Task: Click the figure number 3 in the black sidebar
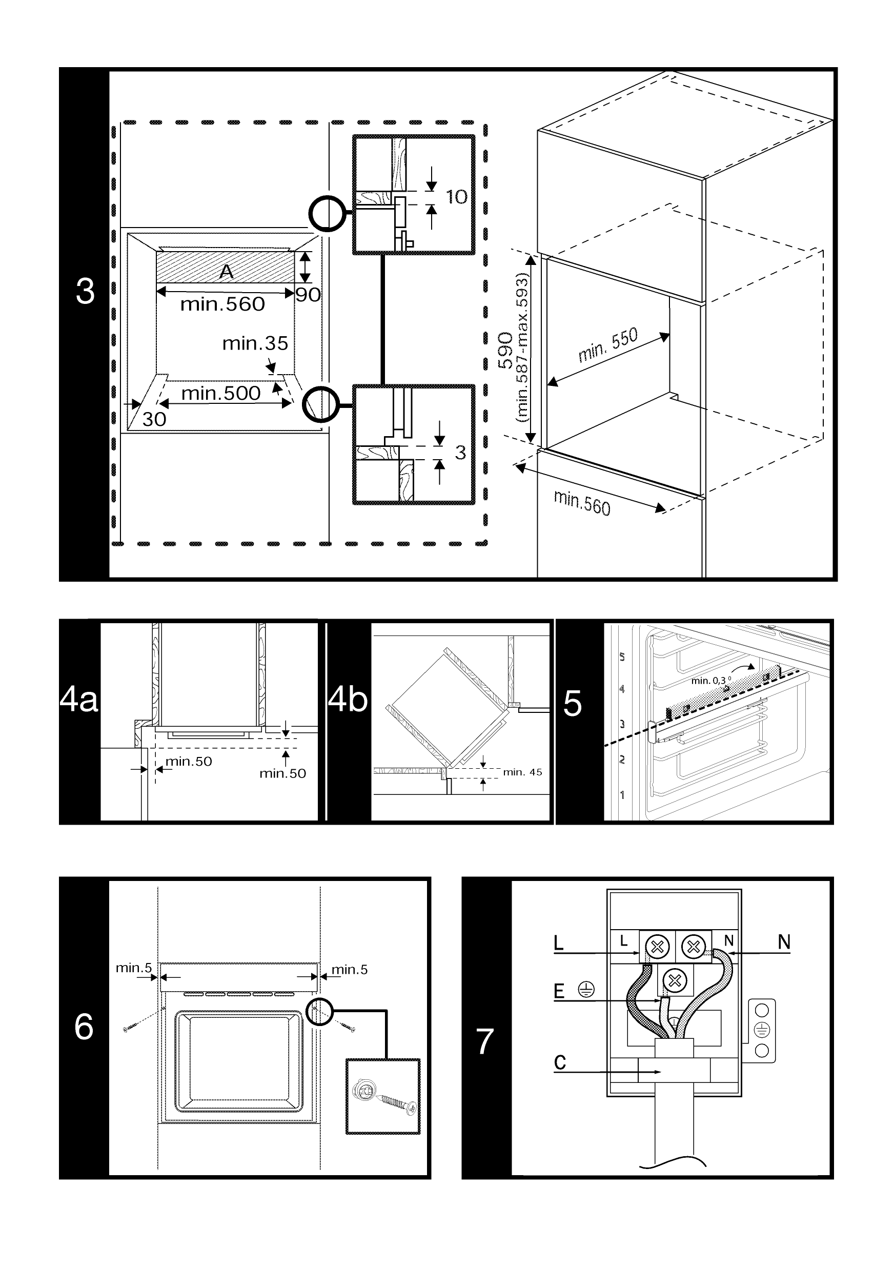click(85, 291)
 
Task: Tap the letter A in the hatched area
click(227, 271)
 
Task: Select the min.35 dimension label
click(255, 344)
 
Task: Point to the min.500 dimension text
click(221, 393)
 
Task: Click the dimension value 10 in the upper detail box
click(457, 197)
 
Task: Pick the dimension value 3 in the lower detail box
click(460, 452)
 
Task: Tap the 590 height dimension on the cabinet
click(505, 350)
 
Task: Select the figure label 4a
click(78, 699)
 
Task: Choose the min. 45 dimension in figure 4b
click(522, 772)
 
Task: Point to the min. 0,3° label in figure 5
click(711, 680)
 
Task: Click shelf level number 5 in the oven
click(622, 657)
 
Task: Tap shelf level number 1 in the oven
click(622, 795)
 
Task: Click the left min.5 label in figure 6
click(133, 968)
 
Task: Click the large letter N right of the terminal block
click(784, 941)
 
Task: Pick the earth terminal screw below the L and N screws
click(674, 981)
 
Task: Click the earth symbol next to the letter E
click(586, 989)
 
